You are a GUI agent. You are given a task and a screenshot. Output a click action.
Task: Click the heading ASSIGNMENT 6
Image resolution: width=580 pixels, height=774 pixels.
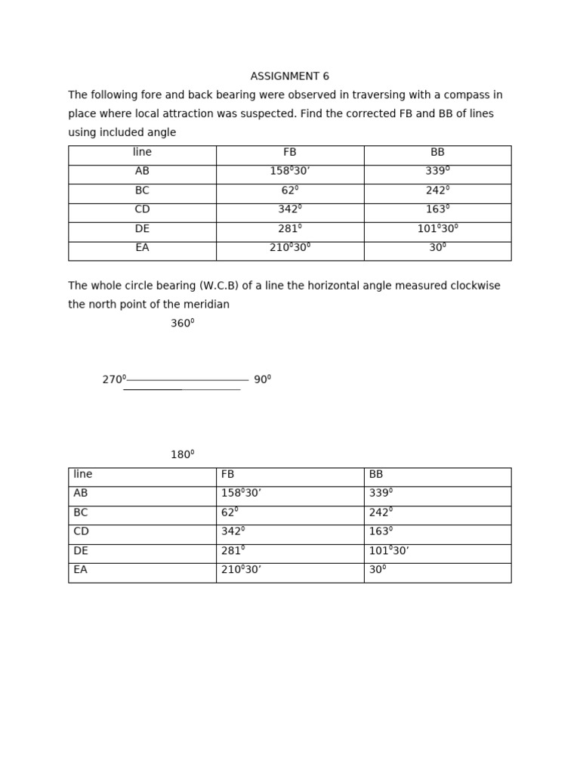coord(289,76)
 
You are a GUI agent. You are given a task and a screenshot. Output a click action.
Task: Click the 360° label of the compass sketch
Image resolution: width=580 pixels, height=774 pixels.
coord(182,324)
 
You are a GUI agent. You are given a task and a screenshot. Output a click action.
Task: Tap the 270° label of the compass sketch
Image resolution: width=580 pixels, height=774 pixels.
coord(114,379)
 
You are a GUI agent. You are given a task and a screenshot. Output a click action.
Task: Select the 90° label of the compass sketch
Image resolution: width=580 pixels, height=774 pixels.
coord(262,379)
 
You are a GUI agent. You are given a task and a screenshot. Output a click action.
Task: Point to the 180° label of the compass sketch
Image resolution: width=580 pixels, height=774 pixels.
coord(182,455)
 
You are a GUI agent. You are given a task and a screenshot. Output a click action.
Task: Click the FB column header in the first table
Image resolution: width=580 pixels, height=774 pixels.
coord(290,153)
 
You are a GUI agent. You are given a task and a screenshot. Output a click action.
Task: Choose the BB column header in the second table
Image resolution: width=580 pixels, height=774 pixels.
coord(376,475)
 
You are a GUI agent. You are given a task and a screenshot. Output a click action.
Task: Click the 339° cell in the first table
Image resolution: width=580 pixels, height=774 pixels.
coord(437,172)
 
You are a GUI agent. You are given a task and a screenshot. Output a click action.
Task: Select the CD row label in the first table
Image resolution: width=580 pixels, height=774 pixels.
coord(142,209)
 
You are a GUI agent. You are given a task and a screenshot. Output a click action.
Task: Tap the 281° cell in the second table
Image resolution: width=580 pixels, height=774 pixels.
coord(233,551)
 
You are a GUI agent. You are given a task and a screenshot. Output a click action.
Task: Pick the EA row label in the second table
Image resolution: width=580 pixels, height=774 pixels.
coord(80,570)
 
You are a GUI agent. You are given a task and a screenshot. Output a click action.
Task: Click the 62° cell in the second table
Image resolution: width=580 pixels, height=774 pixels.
coord(230,512)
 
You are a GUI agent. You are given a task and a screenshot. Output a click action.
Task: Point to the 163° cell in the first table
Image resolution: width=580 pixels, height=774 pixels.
coord(437,209)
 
